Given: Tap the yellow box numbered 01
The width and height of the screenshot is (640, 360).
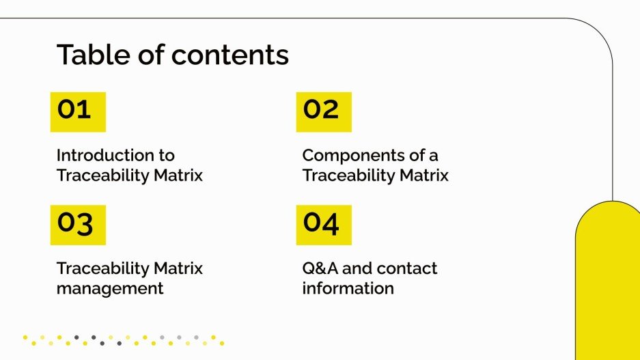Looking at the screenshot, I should [x=78, y=111].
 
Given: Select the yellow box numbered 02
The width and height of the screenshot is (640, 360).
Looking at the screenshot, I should [x=323, y=111].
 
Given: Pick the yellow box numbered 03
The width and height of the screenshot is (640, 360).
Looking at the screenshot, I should [x=78, y=224].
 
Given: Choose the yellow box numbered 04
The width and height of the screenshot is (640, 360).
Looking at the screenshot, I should [x=323, y=224].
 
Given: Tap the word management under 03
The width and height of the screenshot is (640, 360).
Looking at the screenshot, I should [x=109, y=288].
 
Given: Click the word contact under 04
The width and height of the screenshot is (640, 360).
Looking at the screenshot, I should [x=406, y=268].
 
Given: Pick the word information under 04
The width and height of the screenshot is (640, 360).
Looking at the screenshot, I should [x=348, y=288].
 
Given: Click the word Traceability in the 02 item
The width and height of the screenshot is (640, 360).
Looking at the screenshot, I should [x=348, y=176].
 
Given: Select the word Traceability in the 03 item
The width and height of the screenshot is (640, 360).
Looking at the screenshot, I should [x=102, y=268].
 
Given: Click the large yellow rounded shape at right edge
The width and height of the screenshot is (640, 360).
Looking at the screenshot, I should [x=607, y=287].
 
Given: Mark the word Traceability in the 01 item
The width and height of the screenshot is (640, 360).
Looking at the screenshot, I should [x=102, y=176].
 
